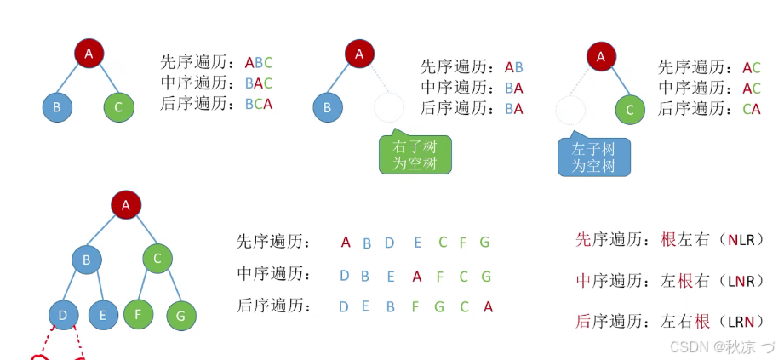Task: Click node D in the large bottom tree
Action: pos(63,315)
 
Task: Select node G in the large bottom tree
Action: pos(180,316)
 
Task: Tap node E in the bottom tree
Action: pos(103,315)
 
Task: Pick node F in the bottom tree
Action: pos(138,313)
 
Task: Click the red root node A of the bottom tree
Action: pos(126,204)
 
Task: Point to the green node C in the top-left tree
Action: pos(118,107)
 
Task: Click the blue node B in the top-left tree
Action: pos(57,107)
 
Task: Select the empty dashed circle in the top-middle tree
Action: pos(389,108)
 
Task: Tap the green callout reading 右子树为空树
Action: pos(415,155)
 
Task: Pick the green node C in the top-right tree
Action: pos(630,109)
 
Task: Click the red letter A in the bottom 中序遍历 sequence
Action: pos(416,276)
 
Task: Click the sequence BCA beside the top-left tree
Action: pos(259,104)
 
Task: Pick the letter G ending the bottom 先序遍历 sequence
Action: pos(484,243)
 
